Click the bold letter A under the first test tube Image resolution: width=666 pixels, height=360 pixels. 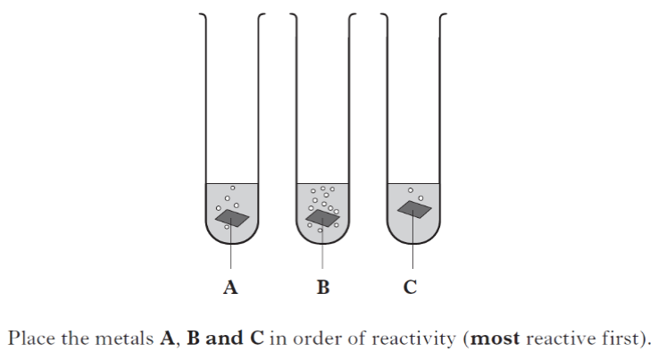tap(230, 288)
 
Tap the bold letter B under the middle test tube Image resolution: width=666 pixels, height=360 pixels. tap(323, 288)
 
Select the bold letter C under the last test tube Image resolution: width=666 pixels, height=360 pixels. tap(411, 288)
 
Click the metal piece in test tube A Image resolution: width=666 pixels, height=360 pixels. tap(232, 218)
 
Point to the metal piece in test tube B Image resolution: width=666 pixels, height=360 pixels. tap(323, 218)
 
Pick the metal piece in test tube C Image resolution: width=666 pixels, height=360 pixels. tap(414, 209)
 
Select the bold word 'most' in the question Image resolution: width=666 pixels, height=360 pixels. tap(495, 339)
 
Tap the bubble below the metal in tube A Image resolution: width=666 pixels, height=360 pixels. tap(227, 228)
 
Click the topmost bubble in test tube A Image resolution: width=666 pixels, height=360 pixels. tap(232, 188)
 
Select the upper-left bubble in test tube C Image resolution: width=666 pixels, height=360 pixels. tap(411, 190)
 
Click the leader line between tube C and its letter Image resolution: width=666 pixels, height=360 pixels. tap(412, 239)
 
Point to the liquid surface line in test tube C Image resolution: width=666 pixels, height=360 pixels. tap(413, 184)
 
